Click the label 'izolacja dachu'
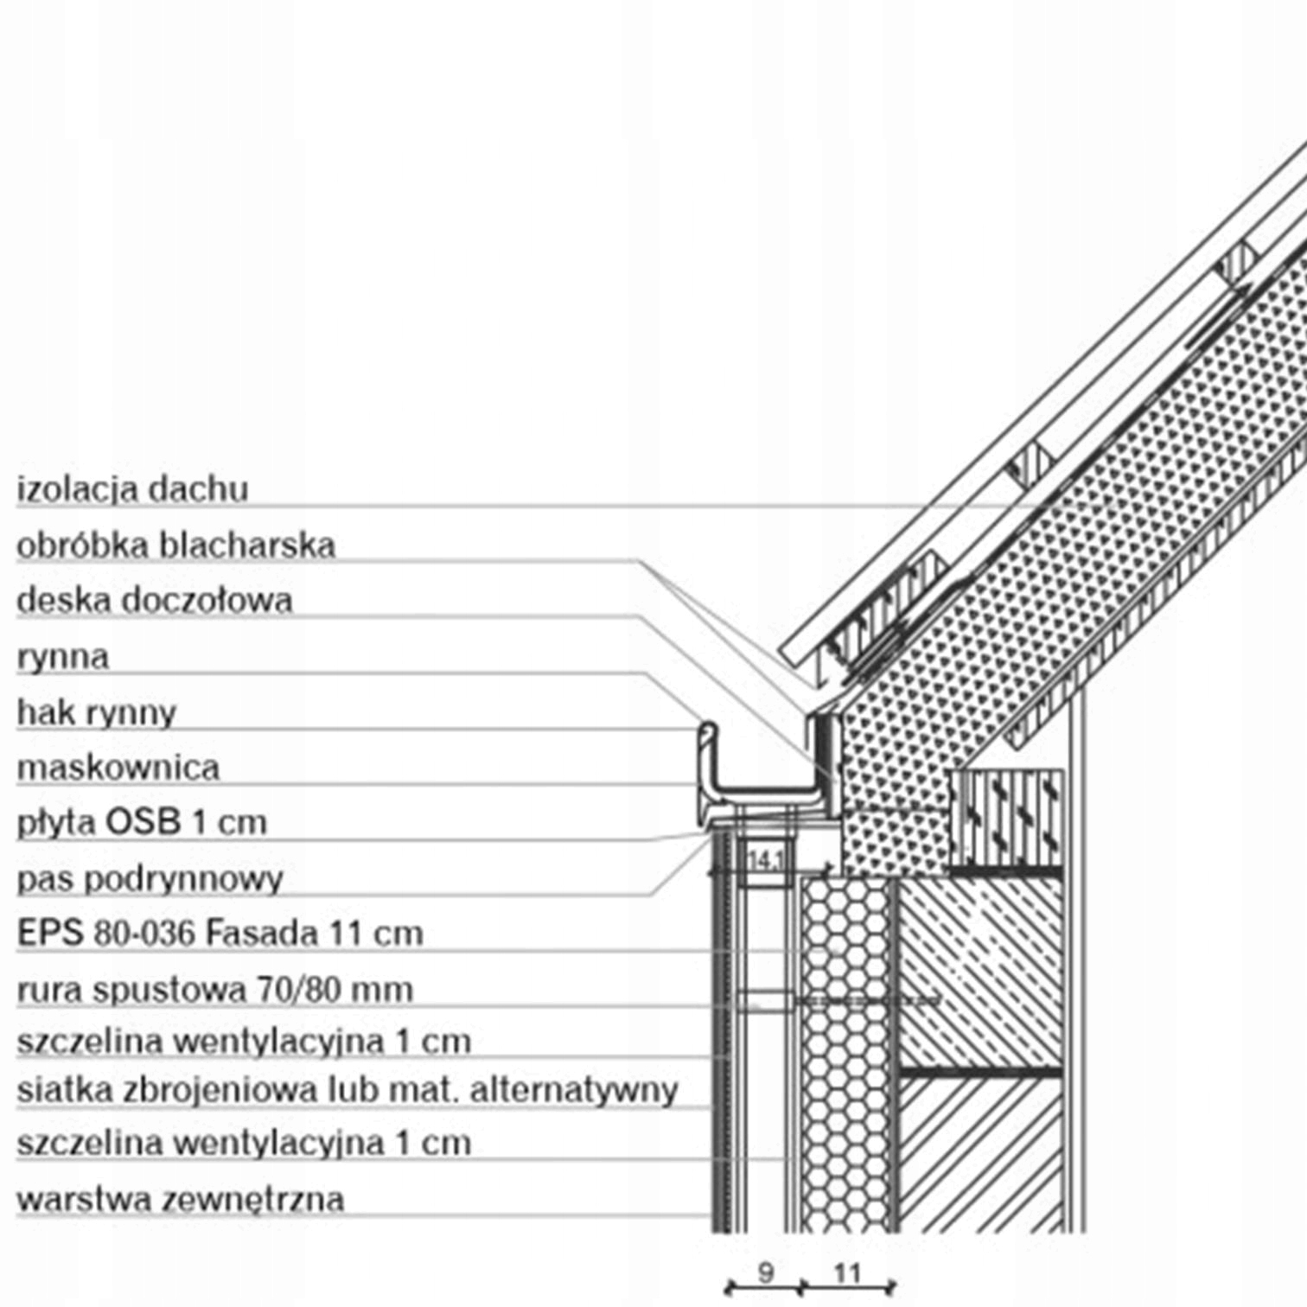pos(132,489)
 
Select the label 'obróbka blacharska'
pos(175,545)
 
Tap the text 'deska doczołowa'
pos(154,601)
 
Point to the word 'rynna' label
pos(62,657)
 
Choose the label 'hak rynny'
pos(96,713)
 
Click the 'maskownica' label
pos(118,768)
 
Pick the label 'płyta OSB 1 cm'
pos(142,822)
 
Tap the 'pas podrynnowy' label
pos(150,878)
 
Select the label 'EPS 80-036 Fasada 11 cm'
pos(220,934)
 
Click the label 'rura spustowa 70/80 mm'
pos(214,989)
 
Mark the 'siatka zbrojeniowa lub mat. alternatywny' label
pos(347,1091)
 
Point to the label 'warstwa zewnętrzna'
pos(180,1199)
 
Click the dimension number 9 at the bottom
pos(765,1272)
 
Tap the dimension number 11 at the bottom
pos(847,1272)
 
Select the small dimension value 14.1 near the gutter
pos(766,861)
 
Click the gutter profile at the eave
pos(761,787)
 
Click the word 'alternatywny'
pos(573,1091)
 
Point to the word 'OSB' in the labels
pos(142,822)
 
